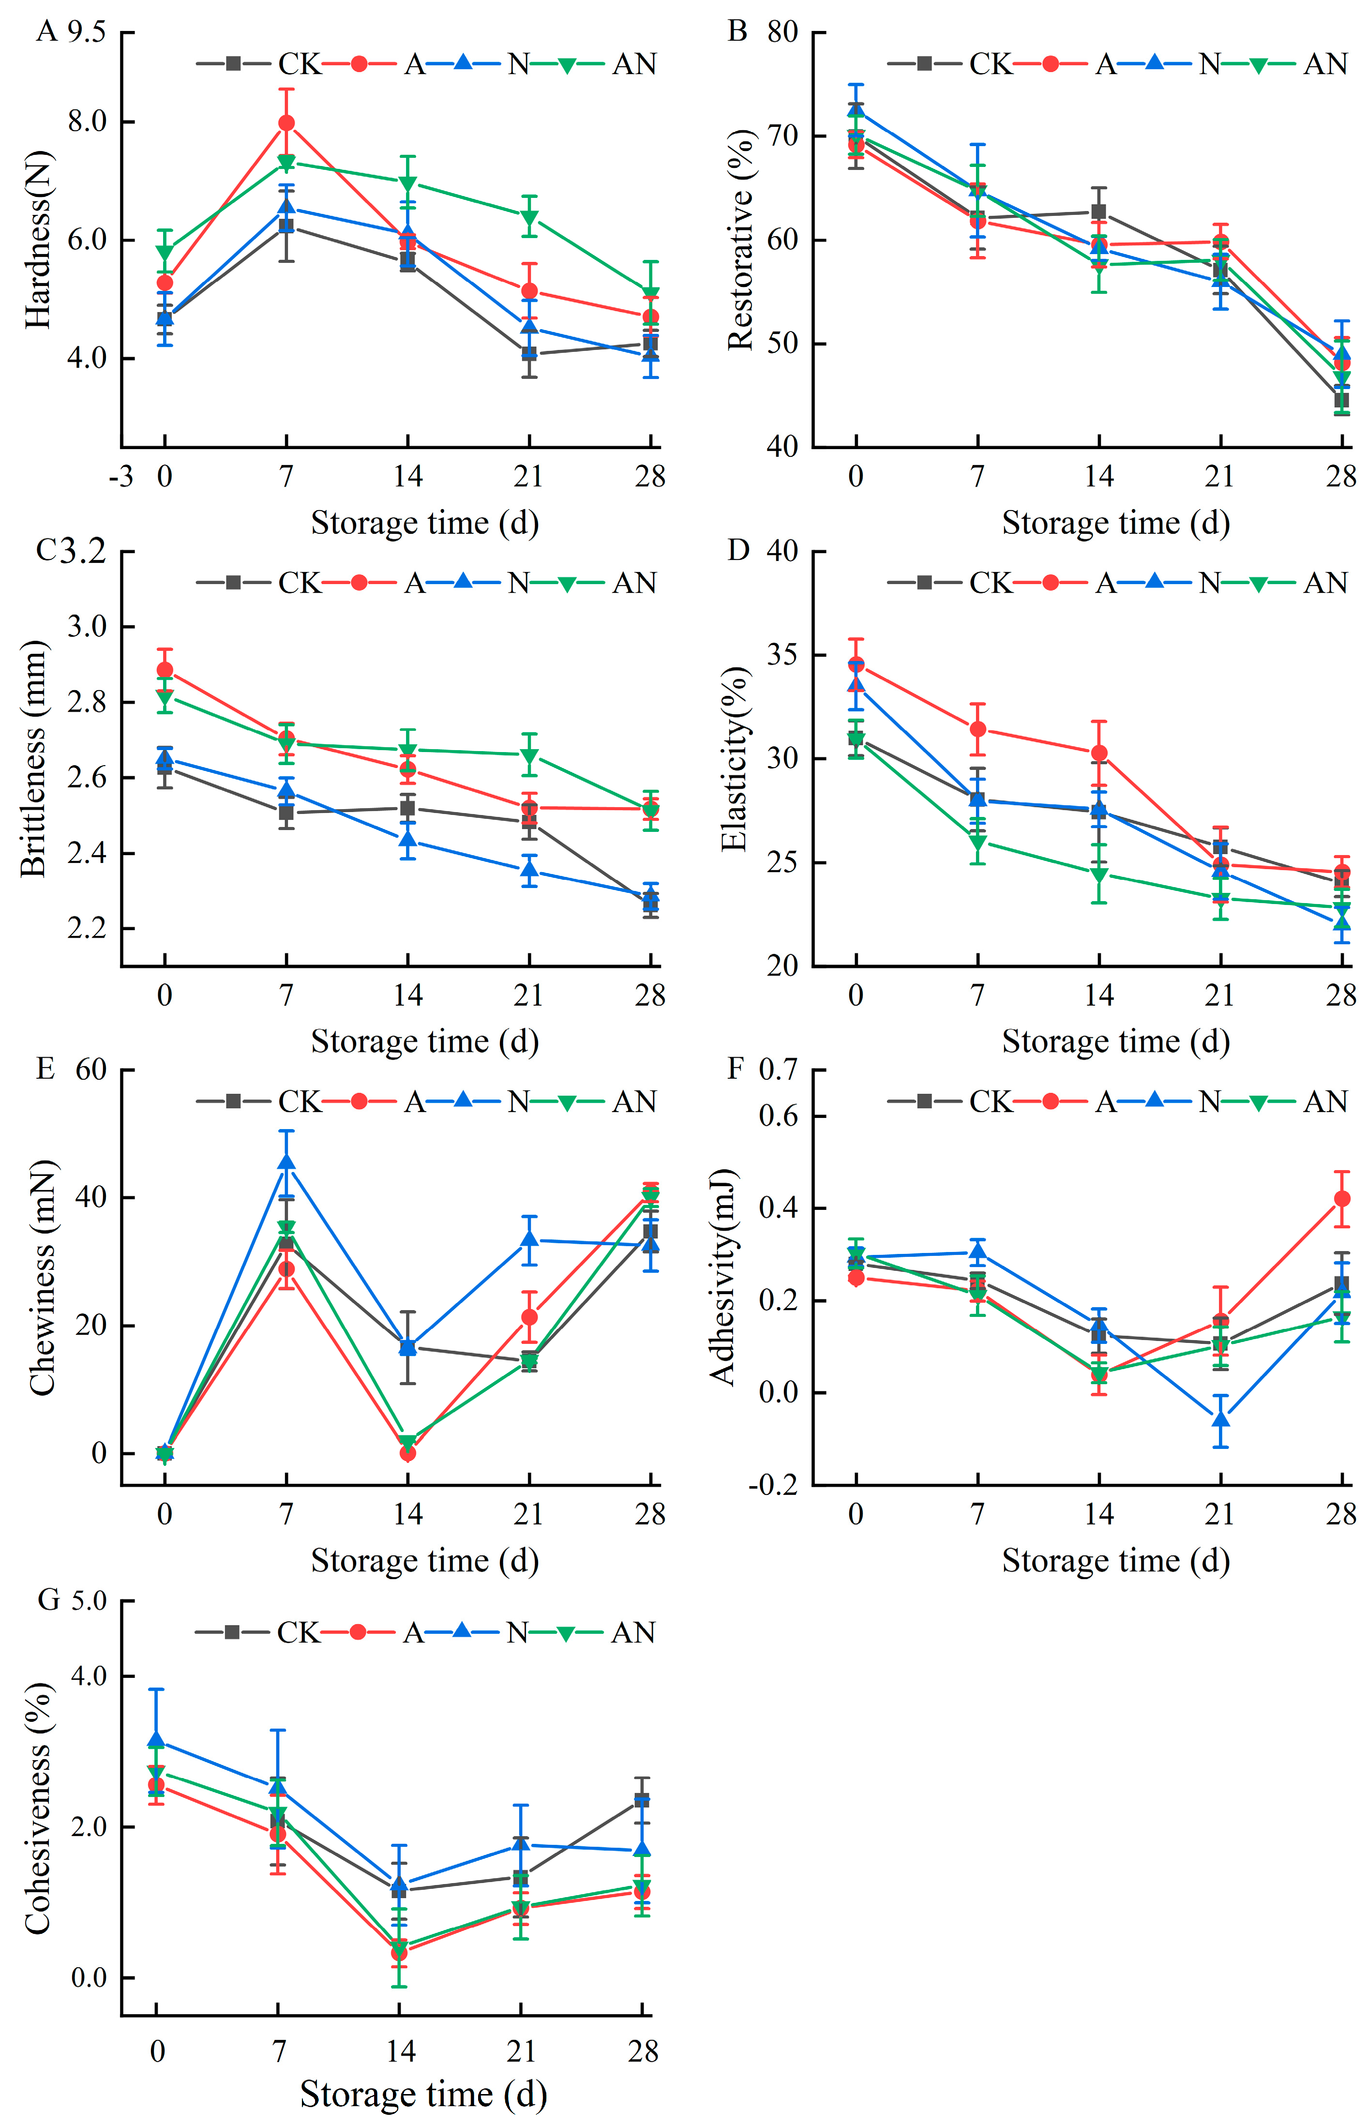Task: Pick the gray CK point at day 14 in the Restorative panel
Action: (x=1099, y=211)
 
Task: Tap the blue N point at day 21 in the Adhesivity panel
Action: (x=1220, y=1419)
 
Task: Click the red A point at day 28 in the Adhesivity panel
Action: (x=1342, y=1198)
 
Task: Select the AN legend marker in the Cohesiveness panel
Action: (x=566, y=1632)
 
